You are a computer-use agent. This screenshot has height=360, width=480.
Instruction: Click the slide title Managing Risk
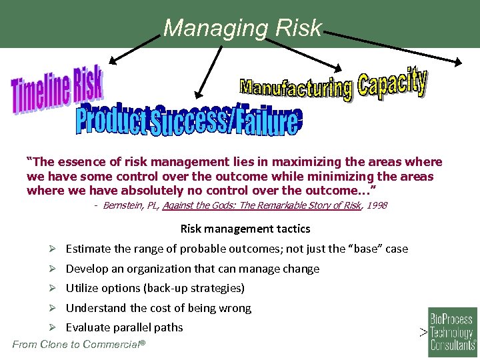(x=242, y=27)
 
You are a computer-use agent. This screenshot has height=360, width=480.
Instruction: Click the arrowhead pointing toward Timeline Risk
(x=113, y=61)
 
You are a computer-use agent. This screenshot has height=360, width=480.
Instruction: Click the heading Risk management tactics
(x=245, y=229)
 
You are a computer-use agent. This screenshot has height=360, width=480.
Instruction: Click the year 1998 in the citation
(x=375, y=205)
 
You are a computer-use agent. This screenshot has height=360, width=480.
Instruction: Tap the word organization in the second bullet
(x=146, y=269)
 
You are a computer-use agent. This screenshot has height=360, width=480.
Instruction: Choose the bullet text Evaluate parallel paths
(x=124, y=327)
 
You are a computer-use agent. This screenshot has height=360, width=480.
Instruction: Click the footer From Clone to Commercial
(x=79, y=345)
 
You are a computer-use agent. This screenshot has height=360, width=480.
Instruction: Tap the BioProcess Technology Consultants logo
(x=452, y=330)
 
